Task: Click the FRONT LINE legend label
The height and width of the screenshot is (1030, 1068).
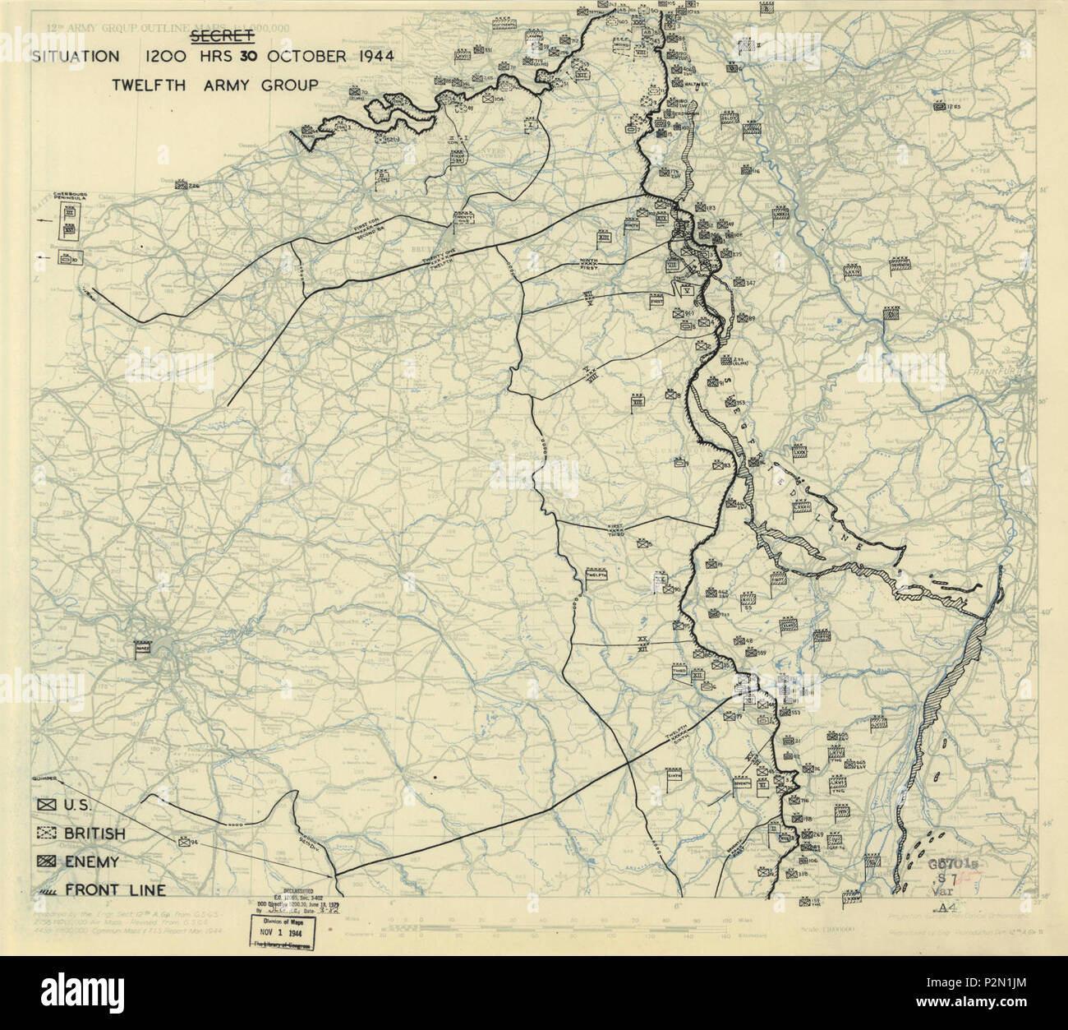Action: coord(115,889)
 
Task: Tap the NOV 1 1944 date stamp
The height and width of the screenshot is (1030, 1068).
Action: coord(279,935)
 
